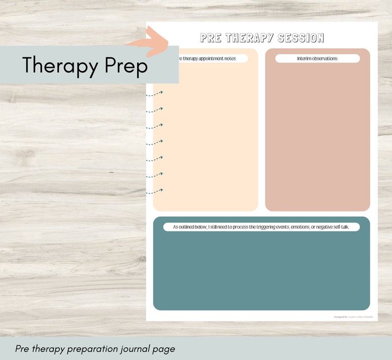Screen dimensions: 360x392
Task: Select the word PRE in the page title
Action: (x=212, y=38)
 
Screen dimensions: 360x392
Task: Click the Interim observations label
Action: (x=317, y=59)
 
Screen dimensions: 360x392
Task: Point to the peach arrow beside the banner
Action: (x=151, y=41)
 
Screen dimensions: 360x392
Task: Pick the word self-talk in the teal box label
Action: (x=345, y=227)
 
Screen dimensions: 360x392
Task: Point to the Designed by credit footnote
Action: (x=353, y=317)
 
